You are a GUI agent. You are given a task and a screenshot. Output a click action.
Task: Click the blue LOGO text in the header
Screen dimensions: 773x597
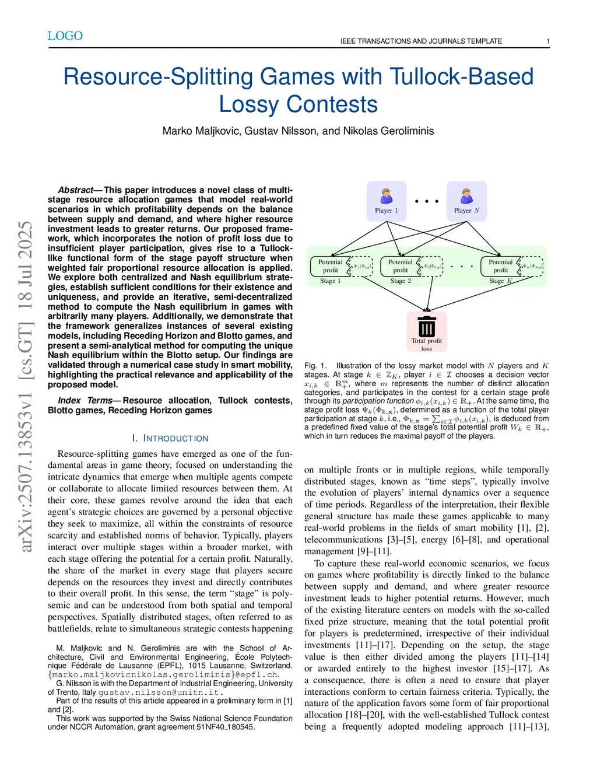pyautogui.click(x=65, y=36)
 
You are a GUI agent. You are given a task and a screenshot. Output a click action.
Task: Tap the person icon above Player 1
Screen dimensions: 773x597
pyautogui.click(x=387, y=196)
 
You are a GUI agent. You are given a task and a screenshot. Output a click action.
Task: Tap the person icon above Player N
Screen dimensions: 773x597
pyautogui.click(x=466, y=196)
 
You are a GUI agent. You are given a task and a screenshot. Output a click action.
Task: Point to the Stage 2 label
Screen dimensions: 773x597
pyautogui.click(x=401, y=281)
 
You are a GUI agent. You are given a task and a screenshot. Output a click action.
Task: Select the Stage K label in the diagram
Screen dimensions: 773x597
pyautogui.click(x=500, y=281)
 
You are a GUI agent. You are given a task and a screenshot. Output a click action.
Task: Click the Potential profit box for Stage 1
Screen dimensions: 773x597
pyautogui.click(x=330, y=266)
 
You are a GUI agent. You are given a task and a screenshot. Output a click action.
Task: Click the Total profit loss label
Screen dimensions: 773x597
pyautogui.click(x=427, y=345)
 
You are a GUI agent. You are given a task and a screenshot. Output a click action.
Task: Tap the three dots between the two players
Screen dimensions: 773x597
pyautogui.click(x=427, y=201)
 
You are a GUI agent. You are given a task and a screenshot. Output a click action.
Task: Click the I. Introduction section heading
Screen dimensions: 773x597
pyautogui.click(x=170, y=438)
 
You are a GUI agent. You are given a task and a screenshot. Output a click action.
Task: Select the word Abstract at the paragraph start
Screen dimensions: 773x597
pyautogui.click(x=76, y=190)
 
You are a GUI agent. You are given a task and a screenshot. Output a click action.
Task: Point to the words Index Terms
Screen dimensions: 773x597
pyautogui.click(x=85, y=401)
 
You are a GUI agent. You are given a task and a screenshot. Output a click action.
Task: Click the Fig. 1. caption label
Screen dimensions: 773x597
pyautogui.click(x=316, y=366)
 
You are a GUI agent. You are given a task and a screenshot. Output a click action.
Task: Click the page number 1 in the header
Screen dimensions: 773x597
pyautogui.click(x=548, y=41)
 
